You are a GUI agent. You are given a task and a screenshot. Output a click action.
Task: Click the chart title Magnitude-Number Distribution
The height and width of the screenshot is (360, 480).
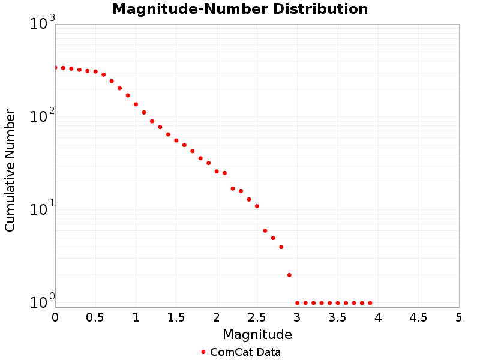240,9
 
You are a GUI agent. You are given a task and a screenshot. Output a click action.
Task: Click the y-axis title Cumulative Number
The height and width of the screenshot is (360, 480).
10,170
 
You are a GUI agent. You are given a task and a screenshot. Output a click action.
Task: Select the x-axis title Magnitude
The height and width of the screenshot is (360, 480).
257,334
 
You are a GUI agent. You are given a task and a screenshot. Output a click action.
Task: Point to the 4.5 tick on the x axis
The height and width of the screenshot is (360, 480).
418,316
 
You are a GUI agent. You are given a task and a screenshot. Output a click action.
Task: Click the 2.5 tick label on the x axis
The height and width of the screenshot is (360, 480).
257,316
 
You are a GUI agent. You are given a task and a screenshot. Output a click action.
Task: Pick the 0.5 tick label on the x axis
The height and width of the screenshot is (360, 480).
95,316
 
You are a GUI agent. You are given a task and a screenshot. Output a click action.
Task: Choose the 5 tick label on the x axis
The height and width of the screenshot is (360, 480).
459,316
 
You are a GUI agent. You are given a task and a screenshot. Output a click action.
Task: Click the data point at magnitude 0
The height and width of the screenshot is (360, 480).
55,67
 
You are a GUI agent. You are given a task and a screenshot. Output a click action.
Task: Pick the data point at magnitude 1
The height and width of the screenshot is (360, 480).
136,104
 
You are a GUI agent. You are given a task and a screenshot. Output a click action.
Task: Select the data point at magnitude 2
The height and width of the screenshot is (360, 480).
217,172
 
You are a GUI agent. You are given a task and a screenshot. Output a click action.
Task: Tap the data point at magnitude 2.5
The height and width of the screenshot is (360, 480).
257,206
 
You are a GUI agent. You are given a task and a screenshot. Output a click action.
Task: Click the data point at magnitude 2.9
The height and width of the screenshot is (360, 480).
289,275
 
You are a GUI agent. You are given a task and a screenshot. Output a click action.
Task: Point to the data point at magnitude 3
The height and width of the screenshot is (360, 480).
298,303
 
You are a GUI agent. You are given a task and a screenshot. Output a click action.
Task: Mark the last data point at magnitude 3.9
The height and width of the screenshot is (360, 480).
370,303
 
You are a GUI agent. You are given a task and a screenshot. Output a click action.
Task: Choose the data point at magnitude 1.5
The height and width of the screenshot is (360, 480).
176,140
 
